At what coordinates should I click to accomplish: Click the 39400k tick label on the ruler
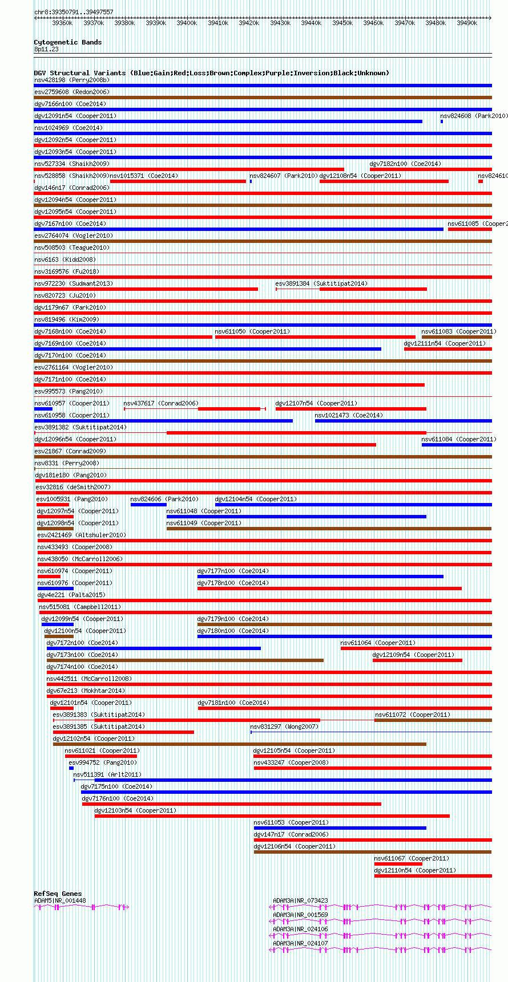187,23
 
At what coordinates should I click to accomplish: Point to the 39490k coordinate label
467,23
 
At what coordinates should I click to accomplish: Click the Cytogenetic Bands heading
67,42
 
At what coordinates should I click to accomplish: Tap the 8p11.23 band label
46,49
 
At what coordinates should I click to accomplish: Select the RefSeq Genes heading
58,894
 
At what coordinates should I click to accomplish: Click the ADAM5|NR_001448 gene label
60,900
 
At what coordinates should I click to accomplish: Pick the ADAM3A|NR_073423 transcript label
300,900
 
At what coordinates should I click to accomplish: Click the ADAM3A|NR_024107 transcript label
300,943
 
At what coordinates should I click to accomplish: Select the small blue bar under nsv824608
442,121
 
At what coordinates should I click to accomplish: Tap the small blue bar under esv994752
71,768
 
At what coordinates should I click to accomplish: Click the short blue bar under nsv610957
43,409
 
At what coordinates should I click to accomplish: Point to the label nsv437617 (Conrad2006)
161,403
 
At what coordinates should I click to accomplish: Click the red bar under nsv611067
398,864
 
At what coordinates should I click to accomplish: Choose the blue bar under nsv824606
148,505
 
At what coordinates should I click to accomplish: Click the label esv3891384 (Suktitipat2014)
321,283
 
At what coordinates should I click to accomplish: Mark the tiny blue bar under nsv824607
251,181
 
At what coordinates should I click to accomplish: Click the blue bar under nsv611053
340,828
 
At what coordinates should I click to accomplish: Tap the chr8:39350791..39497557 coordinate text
74,12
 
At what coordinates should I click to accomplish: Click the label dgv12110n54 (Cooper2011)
415,870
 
